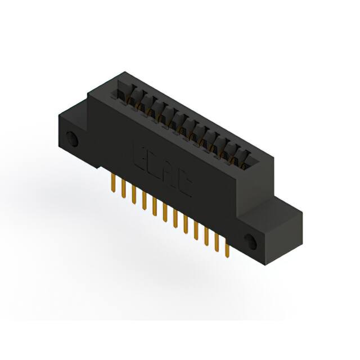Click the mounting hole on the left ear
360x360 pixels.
(x=71, y=138)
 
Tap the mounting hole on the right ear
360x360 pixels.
(x=250, y=242)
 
